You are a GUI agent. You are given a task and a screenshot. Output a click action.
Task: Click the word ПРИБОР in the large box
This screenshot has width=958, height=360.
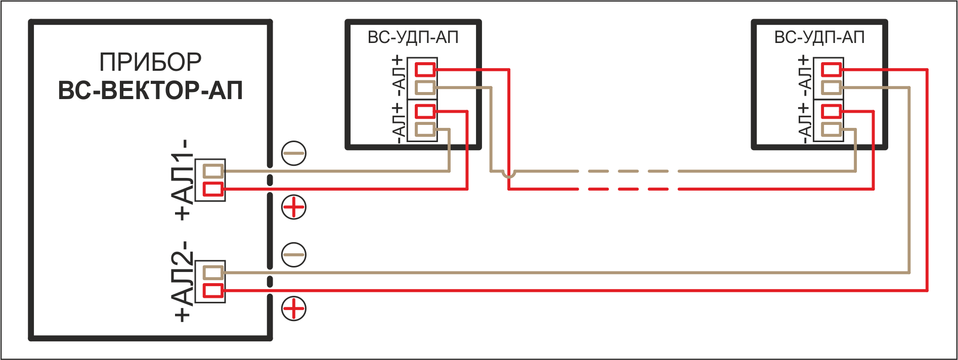click(150, 63)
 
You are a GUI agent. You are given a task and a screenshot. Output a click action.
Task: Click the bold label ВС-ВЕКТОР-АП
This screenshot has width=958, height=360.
click(150, 91)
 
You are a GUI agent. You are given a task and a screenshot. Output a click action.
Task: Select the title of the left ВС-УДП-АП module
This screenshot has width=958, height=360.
click(413, 37)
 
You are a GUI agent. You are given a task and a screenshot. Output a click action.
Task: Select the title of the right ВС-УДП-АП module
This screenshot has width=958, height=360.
click(819, 37)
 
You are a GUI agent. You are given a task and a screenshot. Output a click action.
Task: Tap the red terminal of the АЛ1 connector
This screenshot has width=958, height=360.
click(213, 190)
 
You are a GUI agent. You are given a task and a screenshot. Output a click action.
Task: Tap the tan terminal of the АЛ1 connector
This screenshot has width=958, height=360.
click(213, 171)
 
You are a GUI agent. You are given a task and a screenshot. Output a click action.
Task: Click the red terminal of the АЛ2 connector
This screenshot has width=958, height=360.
click(213, 291)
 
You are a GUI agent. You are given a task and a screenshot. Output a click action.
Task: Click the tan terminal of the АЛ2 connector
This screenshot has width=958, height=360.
click(213, 273)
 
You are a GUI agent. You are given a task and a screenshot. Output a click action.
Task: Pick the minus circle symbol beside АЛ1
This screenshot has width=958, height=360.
click(294, 153)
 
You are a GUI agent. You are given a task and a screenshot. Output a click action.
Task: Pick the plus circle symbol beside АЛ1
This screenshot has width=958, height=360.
click(294, 207)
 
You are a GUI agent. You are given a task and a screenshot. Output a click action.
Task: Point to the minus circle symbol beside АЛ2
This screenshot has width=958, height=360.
click(294, 254)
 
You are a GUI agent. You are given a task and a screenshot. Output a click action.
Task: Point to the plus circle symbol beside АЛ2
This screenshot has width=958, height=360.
click(294, 308)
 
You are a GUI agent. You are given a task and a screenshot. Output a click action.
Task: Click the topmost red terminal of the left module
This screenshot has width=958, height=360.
click(425, 69)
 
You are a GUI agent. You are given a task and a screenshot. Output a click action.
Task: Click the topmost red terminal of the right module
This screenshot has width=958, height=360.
click(832, 69)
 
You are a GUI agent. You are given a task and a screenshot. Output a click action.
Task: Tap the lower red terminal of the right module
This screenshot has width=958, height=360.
click(832, 111)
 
